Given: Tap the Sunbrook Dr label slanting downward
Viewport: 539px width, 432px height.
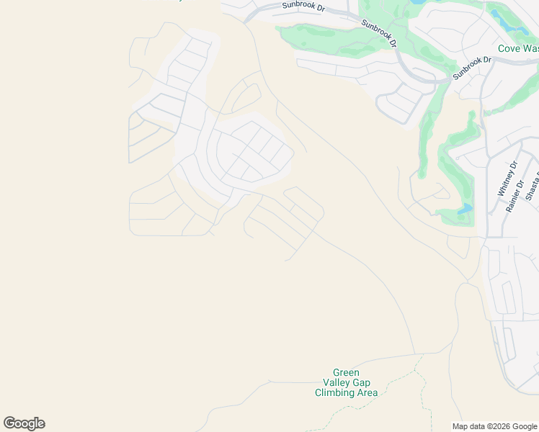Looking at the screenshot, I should coord(379,33).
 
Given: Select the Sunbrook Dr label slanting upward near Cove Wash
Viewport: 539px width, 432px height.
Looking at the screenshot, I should coord(472,67).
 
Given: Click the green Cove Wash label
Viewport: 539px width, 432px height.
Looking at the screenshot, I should coord(518,49).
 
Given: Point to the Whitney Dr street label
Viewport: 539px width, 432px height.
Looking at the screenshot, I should coord(508,178).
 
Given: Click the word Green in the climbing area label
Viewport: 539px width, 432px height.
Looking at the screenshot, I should coord(346,372).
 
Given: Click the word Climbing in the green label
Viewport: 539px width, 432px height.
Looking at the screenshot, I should coord(334,392).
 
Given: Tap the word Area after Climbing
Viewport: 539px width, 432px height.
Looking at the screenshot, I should coord(366,392).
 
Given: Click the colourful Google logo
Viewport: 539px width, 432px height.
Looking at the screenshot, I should coord(24,423).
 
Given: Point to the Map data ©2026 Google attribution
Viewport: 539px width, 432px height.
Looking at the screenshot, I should coord(494,426).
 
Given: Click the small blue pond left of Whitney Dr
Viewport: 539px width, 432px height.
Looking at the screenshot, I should coord(465,210).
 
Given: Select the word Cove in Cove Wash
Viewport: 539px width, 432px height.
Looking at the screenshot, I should coord(509,49).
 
